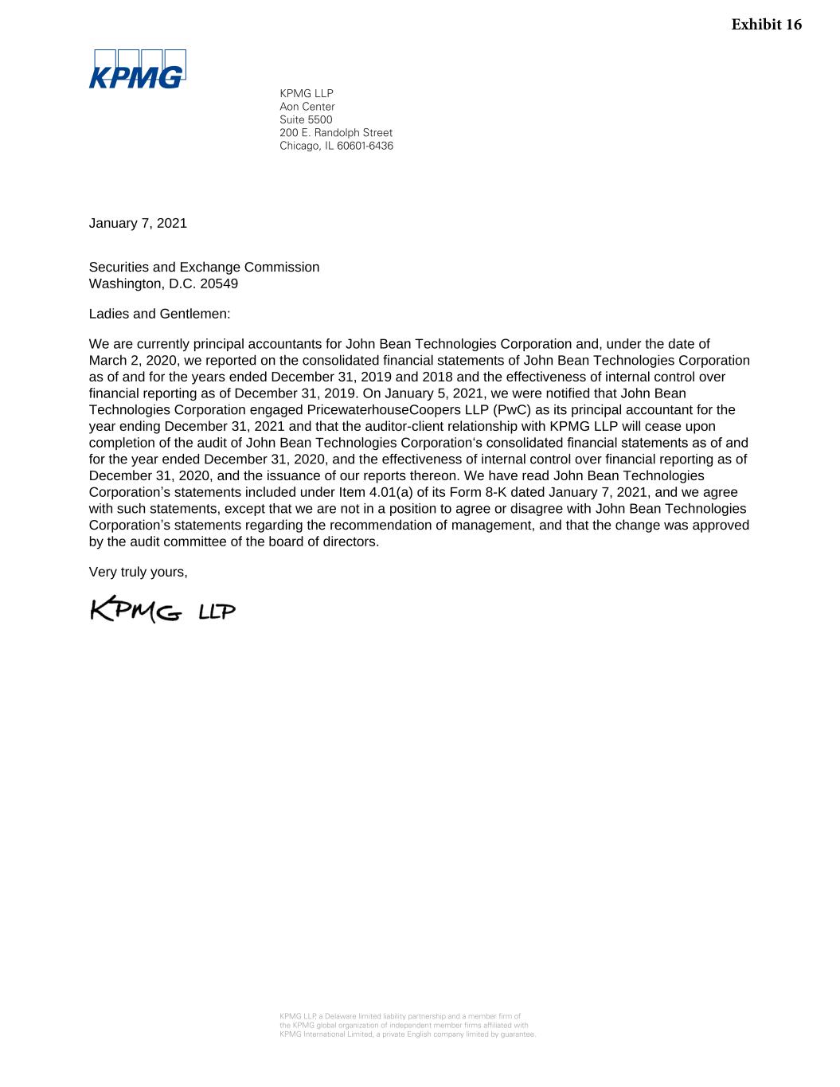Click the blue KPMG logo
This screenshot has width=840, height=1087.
(x=137, y=69)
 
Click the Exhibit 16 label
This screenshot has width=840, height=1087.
(x=766, y=25)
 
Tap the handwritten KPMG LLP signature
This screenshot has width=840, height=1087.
(x=162, y=610)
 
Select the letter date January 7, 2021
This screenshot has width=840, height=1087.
(x=138, y=223)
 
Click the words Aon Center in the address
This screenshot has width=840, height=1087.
(x=307, y=107)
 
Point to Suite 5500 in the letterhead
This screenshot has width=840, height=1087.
(x=306, y=119)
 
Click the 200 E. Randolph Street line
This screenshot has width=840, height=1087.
(x=336, y=133)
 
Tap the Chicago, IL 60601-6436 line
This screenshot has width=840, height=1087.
(x=336, y=146)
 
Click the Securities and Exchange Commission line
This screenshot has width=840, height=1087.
(x=204, y=268)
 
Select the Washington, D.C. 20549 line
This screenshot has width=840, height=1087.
(x=163, y=283)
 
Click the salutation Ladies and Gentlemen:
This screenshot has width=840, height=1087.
(x=159, y=314)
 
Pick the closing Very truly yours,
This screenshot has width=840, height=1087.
(x=138, y=572)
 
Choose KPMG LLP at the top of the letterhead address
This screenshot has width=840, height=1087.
(x=307, y=94)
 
